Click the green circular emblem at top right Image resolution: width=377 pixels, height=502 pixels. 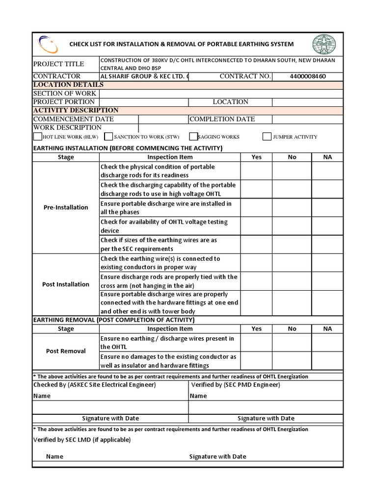tap(324, 44)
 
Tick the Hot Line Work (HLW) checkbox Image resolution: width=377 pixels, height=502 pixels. tap(37, 136)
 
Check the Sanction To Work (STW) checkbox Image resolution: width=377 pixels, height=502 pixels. tap(109, 136)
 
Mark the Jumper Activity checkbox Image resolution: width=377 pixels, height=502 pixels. tap(267, 136)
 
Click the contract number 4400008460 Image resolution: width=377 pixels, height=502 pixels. tap(308, 76)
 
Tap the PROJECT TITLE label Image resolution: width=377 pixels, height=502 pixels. tap(58, 64)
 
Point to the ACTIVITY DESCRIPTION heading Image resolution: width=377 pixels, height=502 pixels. tap(76, 110)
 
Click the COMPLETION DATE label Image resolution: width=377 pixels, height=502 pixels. tap(222, 119)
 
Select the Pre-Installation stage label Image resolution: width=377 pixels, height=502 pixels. tap(66, 207)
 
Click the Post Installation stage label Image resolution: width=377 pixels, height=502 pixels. tap(66, 284)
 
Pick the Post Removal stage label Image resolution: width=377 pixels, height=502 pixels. tap(66, 351)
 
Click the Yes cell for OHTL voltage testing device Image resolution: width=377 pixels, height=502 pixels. tap(256, 226)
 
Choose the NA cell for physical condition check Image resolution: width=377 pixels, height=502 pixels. tap(327, 171)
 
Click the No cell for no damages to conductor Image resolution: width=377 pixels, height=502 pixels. tap(292, 361)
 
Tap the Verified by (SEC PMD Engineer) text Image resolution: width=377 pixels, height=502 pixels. tap(235, 385)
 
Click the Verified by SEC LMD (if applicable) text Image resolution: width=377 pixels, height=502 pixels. tap(82, 440)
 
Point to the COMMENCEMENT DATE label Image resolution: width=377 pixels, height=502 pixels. tap(73, 119)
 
